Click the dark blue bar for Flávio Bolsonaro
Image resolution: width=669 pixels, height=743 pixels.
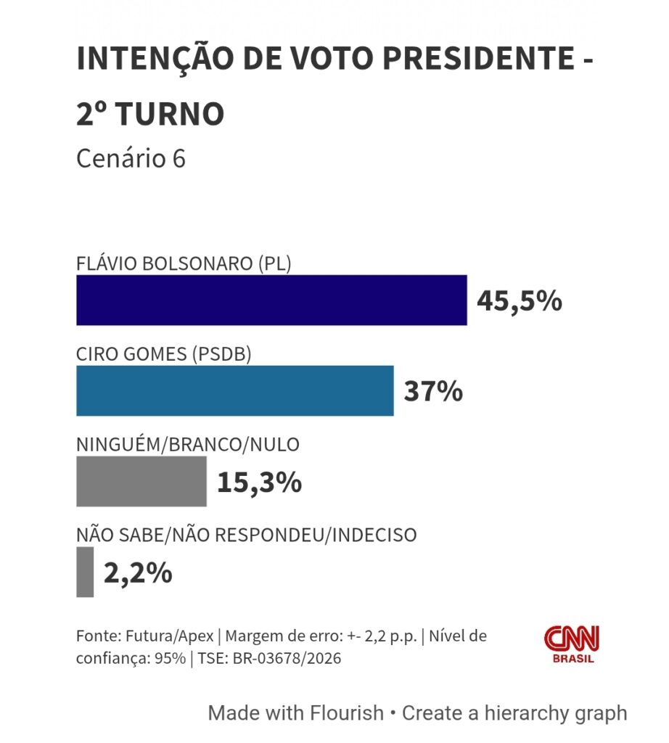[271, 300]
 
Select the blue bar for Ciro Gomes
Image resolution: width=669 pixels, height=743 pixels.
[235, 391]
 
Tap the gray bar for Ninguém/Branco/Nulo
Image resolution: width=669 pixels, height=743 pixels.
[141, 482]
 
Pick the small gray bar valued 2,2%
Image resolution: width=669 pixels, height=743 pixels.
[85, 572]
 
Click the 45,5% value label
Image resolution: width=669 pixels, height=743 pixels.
[520, 301]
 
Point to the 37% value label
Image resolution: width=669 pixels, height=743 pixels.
[433, 391]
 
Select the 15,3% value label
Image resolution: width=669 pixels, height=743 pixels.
[259, 483]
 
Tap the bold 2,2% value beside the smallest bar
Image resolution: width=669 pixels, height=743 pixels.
[138, 573]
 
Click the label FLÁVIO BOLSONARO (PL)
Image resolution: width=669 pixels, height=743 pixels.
[184, 263]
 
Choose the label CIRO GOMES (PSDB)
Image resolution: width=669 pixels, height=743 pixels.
[164, 354]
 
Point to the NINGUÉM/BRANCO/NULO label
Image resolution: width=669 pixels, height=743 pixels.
[188, 445]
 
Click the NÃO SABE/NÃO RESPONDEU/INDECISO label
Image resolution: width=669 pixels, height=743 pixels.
[247, 535]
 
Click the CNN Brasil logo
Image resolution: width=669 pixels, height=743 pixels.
[572, 644]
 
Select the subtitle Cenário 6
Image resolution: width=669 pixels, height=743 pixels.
[131, 158]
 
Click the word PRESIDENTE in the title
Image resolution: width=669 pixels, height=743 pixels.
[479, 58]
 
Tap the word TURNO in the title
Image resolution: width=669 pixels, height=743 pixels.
[170, 114]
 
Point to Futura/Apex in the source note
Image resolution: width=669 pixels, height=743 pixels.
[170, 636]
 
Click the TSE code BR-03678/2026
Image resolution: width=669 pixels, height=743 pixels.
[287, 658]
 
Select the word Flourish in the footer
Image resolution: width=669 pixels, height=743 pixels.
[346, 713]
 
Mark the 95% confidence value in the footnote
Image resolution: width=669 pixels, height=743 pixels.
[170, 658]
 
